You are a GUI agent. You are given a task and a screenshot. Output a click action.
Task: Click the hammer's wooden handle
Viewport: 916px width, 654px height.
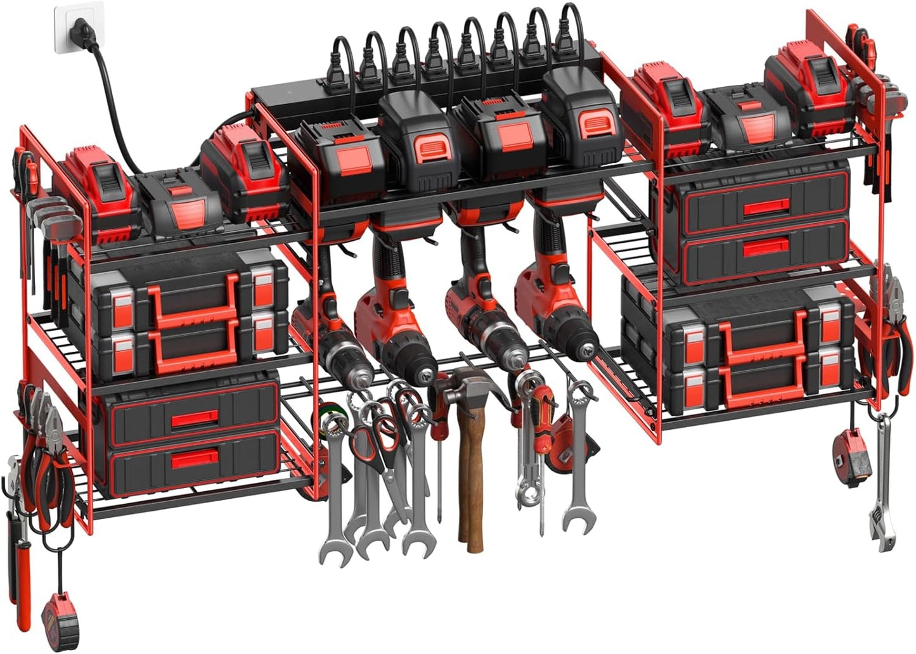point(470,482)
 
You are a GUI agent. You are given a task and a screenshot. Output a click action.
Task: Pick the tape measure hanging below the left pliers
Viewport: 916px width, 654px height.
point(60,621)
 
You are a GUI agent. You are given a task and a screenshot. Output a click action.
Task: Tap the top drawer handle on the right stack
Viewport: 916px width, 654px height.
point(766,207)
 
